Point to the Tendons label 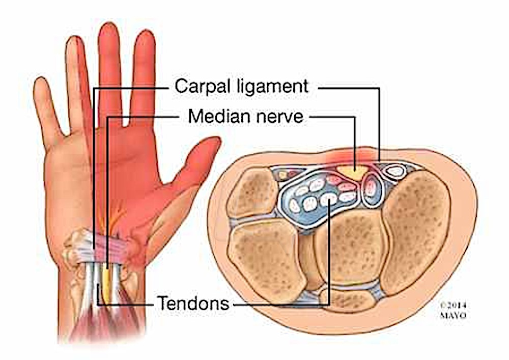point(193,303)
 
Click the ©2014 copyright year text point(453,306)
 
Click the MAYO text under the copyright point(453,315)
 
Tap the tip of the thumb point(217,140)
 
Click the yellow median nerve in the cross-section point(353,172)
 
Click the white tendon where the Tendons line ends point(329,199)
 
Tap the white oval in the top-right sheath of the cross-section point(395,171)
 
